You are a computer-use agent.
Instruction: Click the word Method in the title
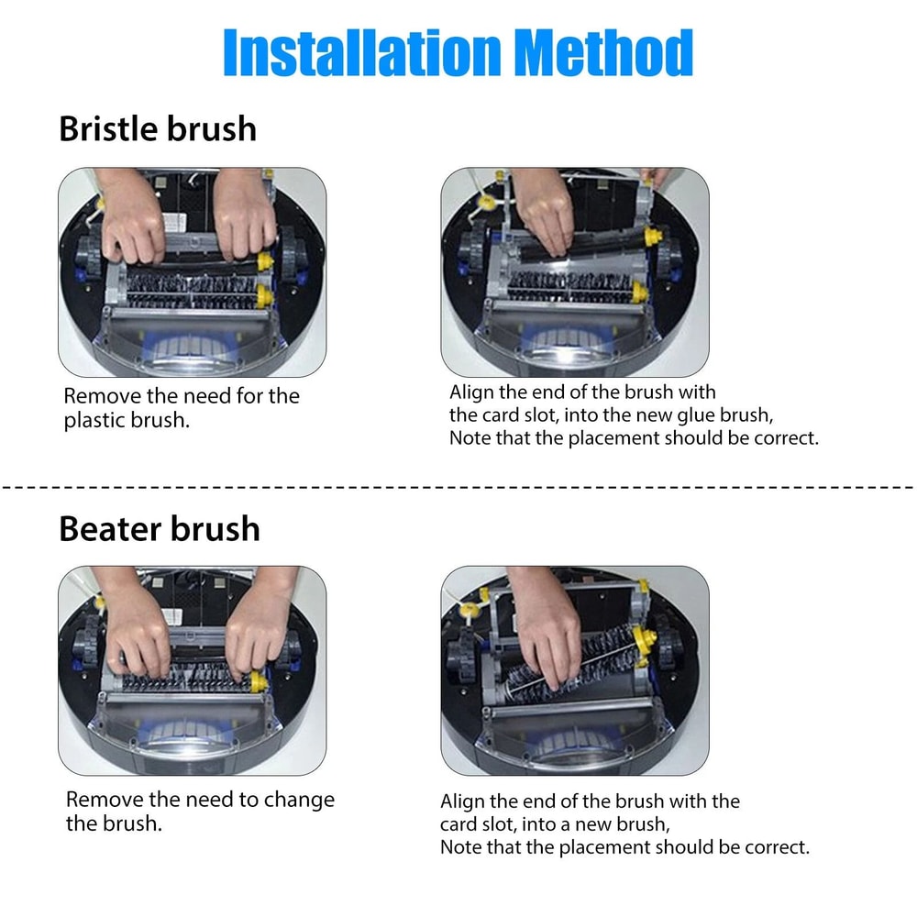(x=604, y=52)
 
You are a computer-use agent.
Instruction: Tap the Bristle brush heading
(x=158, y=128)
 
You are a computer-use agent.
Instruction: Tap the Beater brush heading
(x=160, y=529)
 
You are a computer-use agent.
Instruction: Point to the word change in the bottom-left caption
(x=299, y=800)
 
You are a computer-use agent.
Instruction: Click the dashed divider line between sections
(x=458, y=487)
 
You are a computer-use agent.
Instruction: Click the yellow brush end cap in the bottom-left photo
(x=258, y=682)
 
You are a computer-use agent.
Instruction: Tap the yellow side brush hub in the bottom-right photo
(x=469, y=611)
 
